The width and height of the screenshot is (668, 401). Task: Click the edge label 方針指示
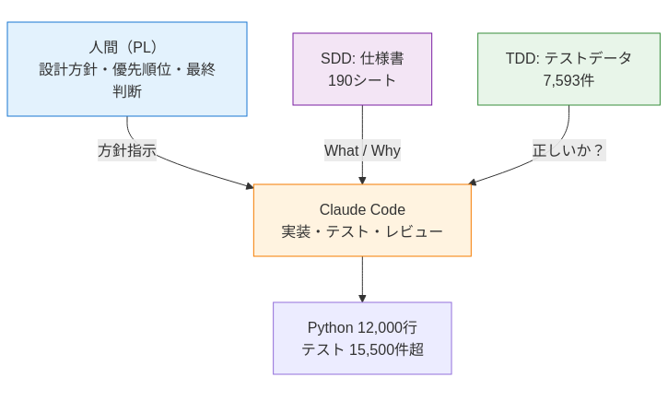click(127, 150)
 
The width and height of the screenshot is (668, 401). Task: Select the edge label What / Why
click(362, 150)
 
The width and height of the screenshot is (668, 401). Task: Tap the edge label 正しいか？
click(568, 150)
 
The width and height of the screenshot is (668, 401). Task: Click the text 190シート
click(362, 81)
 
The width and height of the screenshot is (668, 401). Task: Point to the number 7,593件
click(568, 81)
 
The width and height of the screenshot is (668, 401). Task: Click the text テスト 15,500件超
click(362, 350)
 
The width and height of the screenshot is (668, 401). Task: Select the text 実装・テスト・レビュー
click(362, 231)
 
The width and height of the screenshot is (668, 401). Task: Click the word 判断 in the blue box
click(127, 92)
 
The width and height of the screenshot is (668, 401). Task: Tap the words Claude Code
click(362, 209)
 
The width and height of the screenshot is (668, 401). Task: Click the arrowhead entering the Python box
click(362, 298)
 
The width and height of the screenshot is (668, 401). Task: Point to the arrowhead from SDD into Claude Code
click(362, 180)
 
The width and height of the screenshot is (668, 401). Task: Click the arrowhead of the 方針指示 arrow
click(249, 186)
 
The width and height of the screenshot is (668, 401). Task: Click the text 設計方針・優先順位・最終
click(127, 69)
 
